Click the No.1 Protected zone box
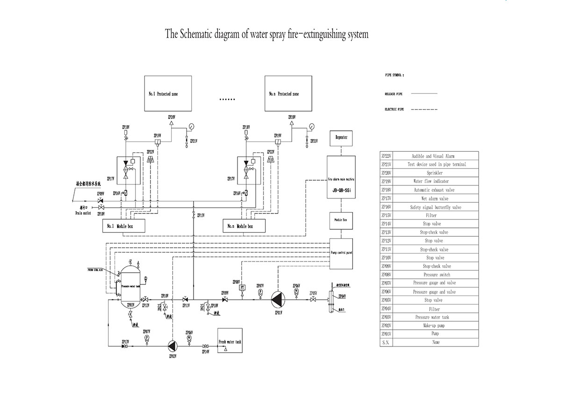(x=161, y=94)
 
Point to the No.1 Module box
(x=124, y=226)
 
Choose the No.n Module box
(x=245, y=226)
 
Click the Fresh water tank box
(x=230, y=342)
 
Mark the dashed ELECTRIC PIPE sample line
(x=424, y=110)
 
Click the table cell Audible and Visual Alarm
(x=433, y=156)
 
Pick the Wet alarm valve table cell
(x=433, y=198)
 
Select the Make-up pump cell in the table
(x=433, y=325)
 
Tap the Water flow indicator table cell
(x=433, y=181)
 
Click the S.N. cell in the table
(x=386, y=342)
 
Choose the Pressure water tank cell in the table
(x=433, y=317)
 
